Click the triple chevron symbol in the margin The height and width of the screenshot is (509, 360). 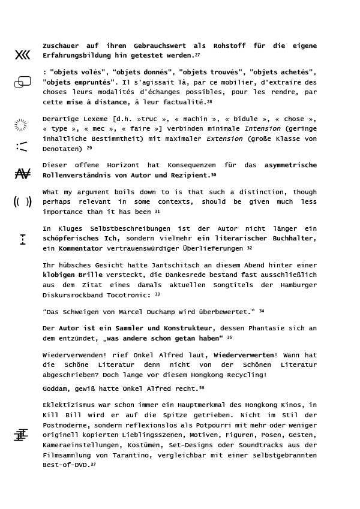tap(22, 55)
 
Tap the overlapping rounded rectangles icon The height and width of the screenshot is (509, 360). tap(23, 82)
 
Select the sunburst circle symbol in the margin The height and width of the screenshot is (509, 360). tap(20, 125)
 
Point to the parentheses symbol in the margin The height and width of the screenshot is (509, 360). tap(22, 202)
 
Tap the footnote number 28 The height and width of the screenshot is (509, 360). tap(209, 102)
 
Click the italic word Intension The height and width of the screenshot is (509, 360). tap(262, 128)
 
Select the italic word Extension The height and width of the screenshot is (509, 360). tap(224, 138)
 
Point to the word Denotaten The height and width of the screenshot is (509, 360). tap(62, 149)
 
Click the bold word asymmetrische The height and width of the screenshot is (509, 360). tap(290, 165)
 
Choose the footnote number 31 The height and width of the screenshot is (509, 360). tap(157, 212)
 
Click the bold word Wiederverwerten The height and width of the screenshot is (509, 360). tap(244, 355)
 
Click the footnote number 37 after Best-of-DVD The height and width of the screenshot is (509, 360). tap(93, 465)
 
